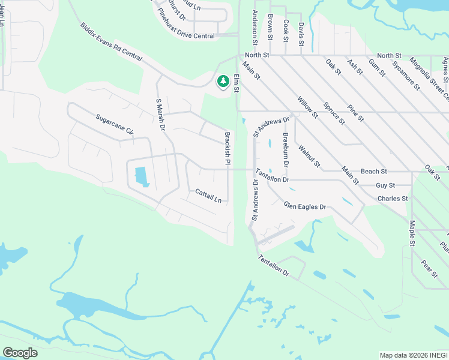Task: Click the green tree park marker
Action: coord(223,81)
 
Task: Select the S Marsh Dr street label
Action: coord(160,114)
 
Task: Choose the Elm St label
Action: coord(237,83)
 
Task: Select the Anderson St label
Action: coord(255,28)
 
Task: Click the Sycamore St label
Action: coord(405,74)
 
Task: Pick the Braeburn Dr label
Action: coord(286,149)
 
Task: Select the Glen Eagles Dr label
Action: coord(305,206)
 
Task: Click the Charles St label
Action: coord(393,198)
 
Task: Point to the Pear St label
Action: coord(429,268)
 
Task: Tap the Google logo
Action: coord(20,353)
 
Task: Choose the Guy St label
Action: coord(385,186)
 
